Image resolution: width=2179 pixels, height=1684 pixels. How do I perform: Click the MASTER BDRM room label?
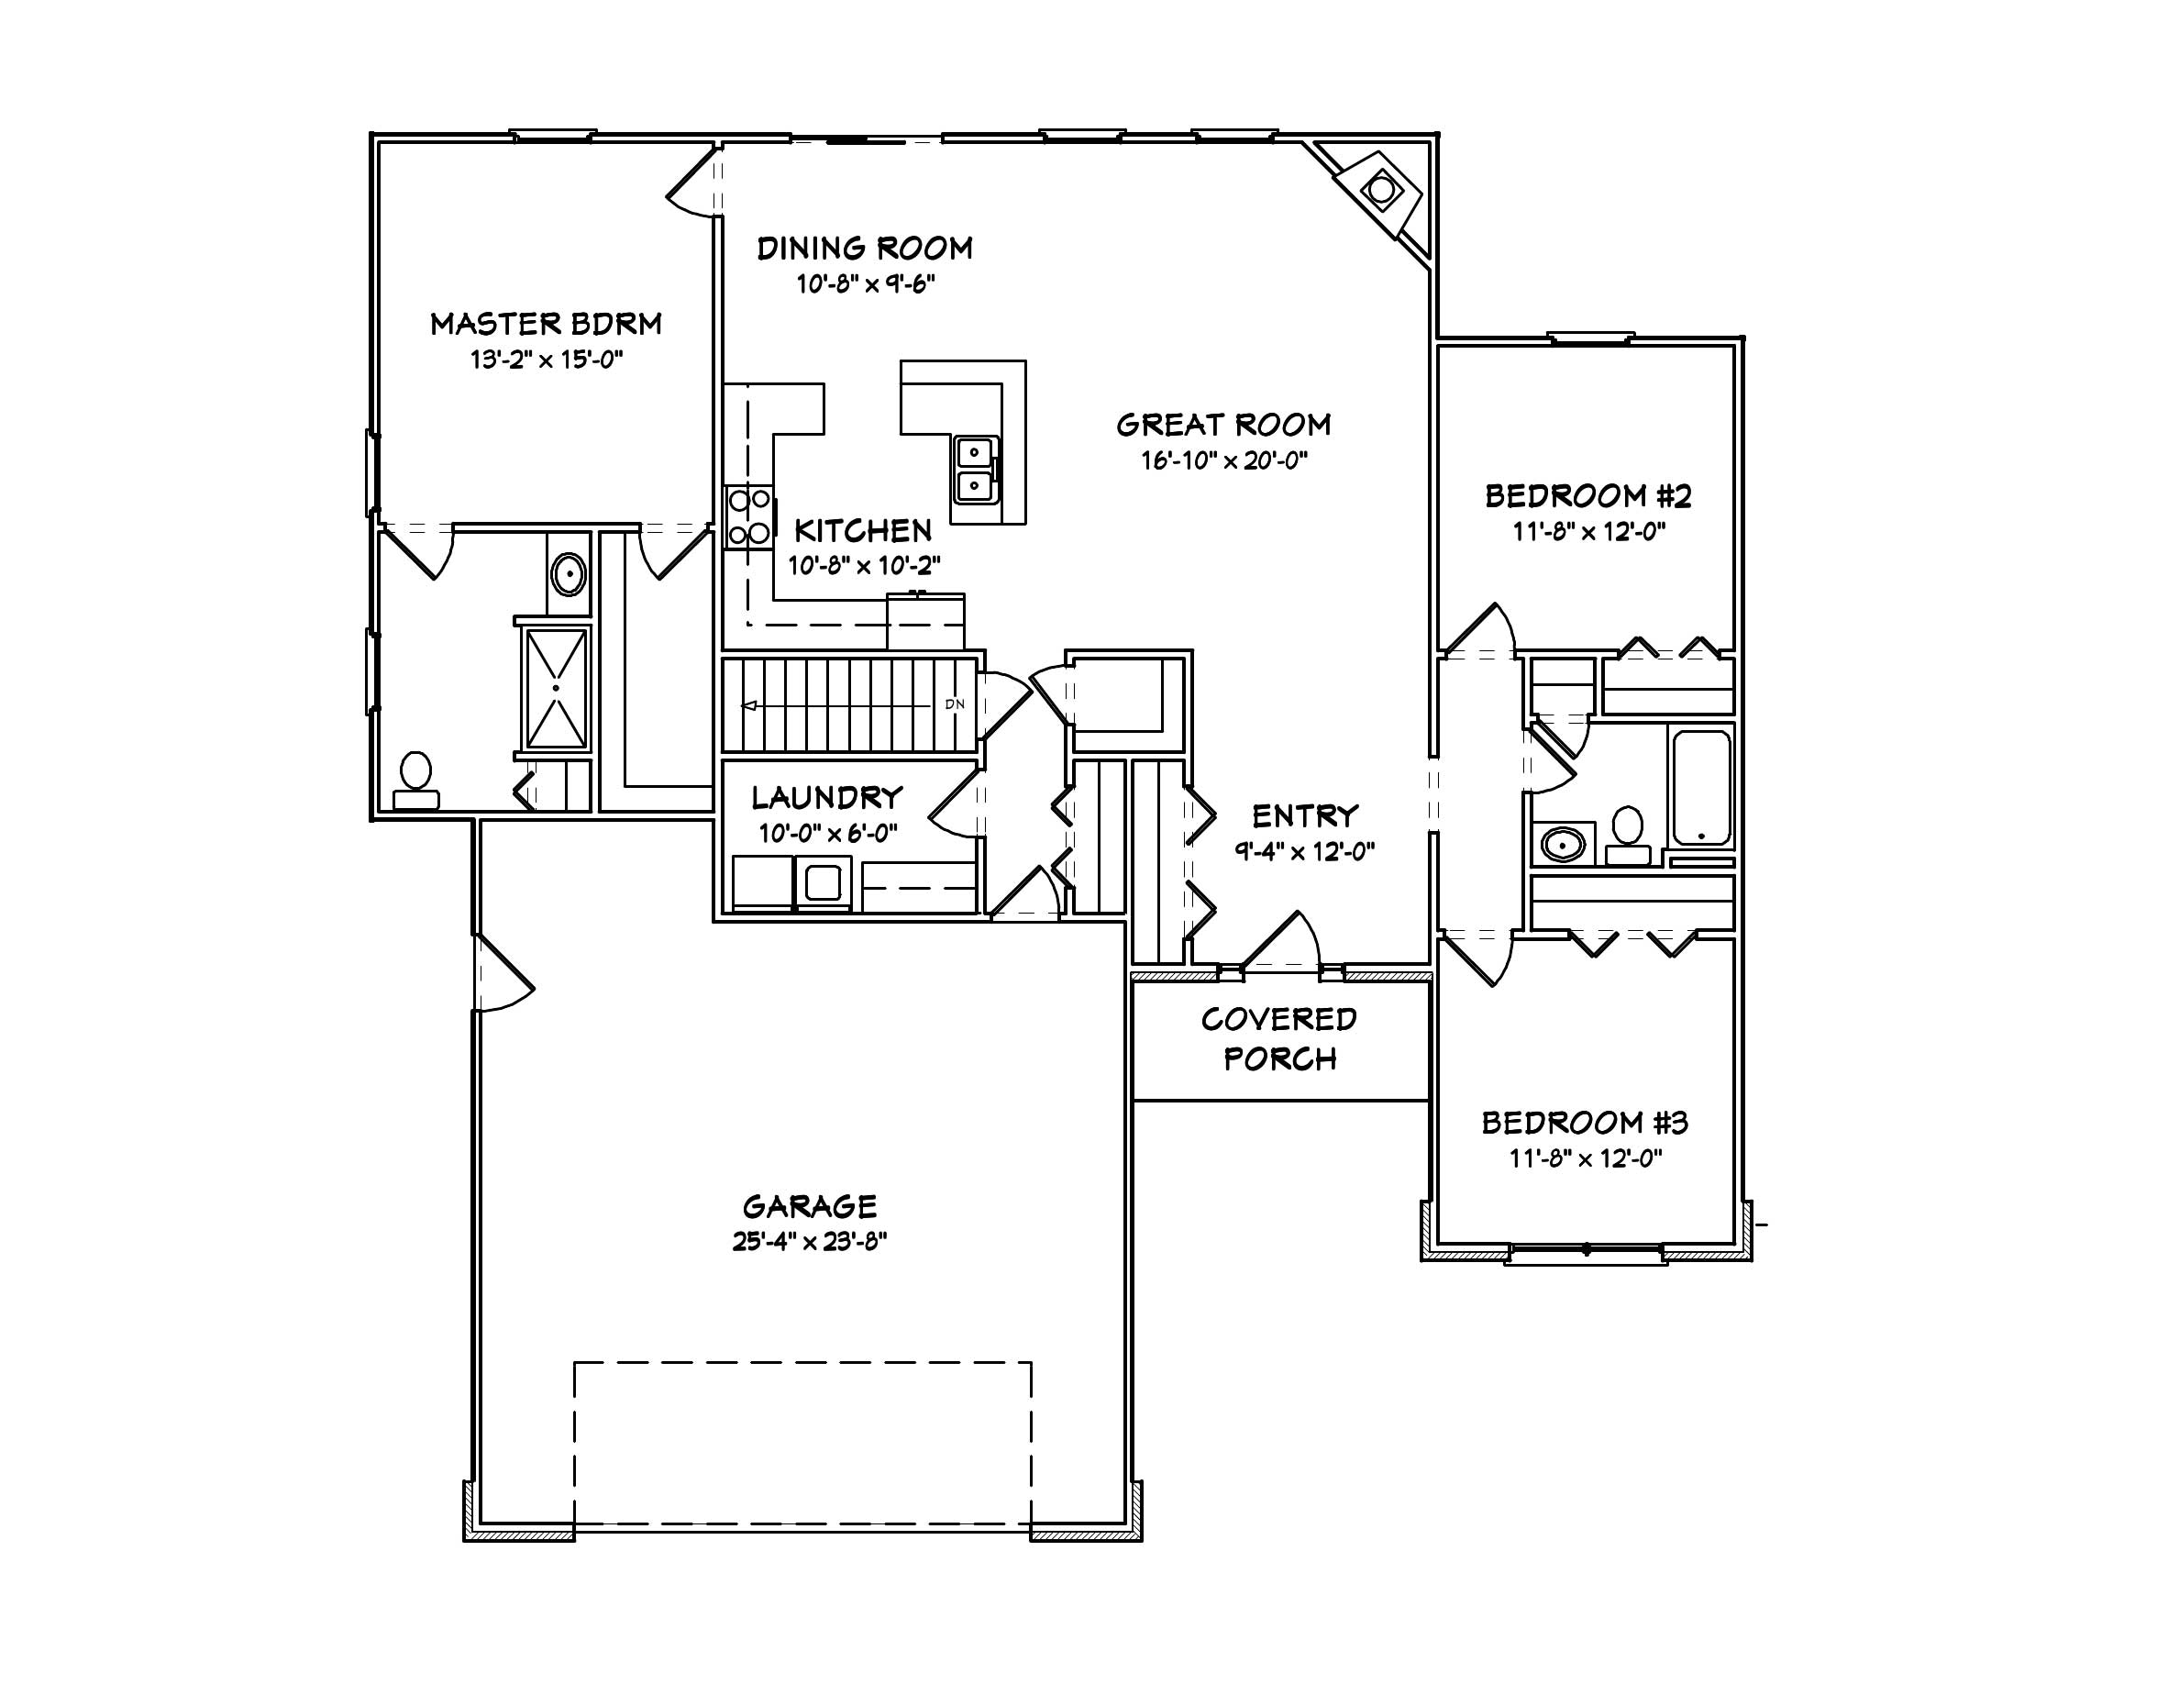click(x=546, y=324)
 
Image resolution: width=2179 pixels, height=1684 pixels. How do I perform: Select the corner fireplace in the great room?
click(x=1381, y=190)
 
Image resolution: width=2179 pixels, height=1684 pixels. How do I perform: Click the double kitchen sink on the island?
click(x=975, y=469)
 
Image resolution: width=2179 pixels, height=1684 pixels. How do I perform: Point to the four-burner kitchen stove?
click(x=748, y=515)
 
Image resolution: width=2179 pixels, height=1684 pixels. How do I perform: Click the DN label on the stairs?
click(x=955, y=704)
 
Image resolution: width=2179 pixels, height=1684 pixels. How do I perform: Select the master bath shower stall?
click(x=556, y=688)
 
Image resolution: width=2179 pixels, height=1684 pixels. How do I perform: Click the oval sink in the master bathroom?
click(x=569, y=576)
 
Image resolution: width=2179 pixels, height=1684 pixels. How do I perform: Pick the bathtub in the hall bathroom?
click(x=1701, y=787)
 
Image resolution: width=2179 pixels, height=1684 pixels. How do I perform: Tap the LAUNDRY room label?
click(x=827, y=797)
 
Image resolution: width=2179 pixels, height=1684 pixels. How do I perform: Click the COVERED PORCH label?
click(x=1279, y=1038)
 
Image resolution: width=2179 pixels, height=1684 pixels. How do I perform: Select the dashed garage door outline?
click(x=802, y=1363)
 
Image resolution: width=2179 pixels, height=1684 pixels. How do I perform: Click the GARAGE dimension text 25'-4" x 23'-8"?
click(x=809, y=1242)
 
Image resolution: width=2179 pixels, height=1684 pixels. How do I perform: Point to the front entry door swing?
click(x=1282, y=943)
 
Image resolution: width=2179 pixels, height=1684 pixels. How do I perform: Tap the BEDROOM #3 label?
click(x=1585, y=1124)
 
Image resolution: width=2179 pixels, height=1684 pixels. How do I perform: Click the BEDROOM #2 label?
click(x=1588, y=496)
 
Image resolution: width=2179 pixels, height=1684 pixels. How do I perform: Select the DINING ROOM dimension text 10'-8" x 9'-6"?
click(x=865, y=284)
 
